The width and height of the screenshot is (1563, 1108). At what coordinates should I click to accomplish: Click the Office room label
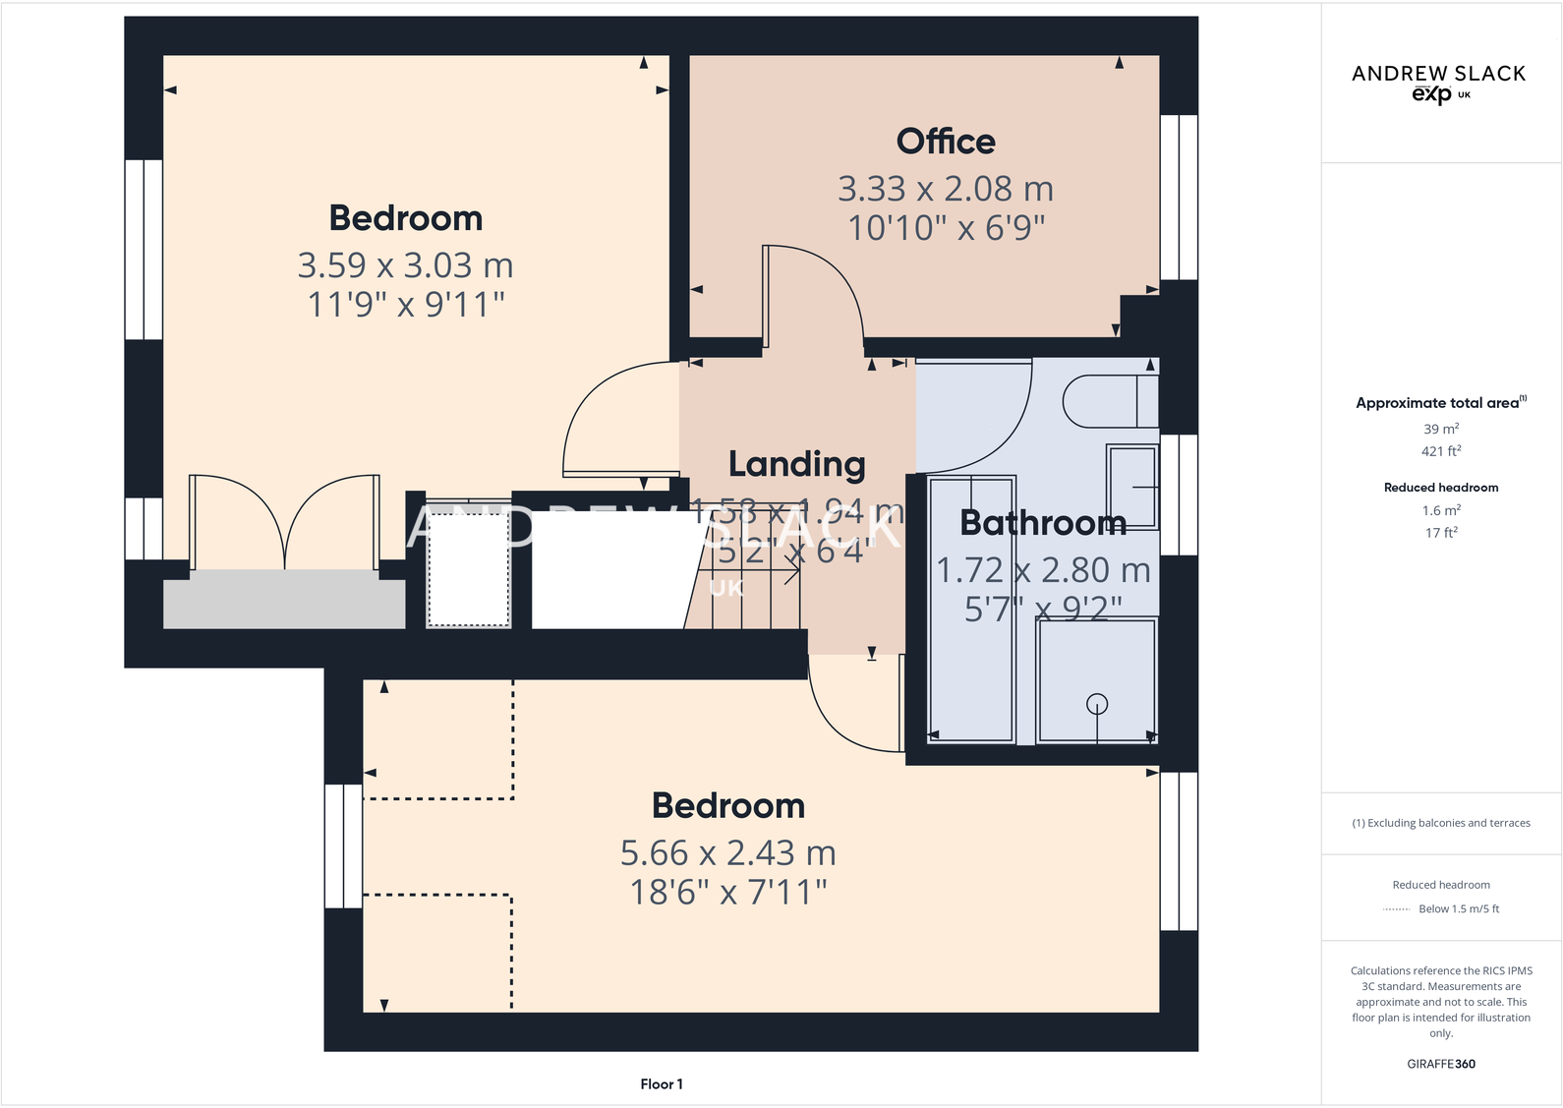(x=946, y=142)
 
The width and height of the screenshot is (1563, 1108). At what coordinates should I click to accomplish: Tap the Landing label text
(x=796, y=464)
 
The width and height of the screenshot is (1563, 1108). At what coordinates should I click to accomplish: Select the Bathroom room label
(x=1043, y=523)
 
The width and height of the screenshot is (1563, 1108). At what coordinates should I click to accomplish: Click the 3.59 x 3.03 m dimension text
(x=405, y=265)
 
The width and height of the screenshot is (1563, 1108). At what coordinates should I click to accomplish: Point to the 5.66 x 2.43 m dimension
(x=727, y=853)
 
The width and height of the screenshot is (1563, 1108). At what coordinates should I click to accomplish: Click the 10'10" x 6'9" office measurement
(x=946, y=228)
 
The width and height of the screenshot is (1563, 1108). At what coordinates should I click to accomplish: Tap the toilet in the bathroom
(x=1109, y=401)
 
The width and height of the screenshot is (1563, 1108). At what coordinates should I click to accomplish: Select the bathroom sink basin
(x=1131, y=487)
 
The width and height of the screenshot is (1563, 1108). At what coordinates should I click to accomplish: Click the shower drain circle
(x=1097, y=704)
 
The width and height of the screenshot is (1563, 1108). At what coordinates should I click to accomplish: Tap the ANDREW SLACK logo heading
(x=1438, y=74)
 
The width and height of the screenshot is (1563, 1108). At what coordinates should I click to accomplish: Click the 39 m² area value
(x=1441, y=430)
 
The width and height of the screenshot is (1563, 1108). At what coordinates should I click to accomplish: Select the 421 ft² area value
(x=1441, y=451)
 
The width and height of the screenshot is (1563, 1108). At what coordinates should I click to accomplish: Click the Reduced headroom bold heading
(x=1441, y=488)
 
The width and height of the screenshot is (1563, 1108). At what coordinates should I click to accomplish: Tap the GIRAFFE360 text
(x=1441, y=1064)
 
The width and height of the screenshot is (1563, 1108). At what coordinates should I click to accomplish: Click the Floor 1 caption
(x=661, y=1084)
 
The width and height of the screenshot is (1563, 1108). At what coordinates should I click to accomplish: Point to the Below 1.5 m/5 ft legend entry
(x=1458, y=909)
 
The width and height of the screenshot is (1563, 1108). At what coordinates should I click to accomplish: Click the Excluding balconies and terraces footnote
(x=1441, y=824)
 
